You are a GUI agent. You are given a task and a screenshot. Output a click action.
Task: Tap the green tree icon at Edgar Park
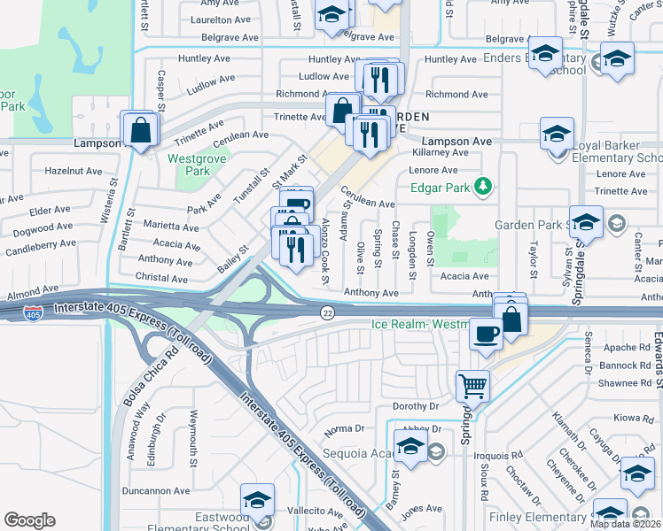coord(483,187)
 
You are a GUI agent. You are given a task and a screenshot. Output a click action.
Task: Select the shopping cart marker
coord(472,385)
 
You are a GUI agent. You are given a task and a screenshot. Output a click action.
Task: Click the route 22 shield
coord(328,312)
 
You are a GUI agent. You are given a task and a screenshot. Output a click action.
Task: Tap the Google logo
coord(29,520)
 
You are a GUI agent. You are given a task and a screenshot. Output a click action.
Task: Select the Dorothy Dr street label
coord(417,406)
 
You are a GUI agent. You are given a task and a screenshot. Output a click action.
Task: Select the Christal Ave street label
coord(161,279)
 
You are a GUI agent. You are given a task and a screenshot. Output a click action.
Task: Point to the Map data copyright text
coord(626,524)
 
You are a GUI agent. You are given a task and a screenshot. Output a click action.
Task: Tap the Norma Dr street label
coord(345,428)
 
